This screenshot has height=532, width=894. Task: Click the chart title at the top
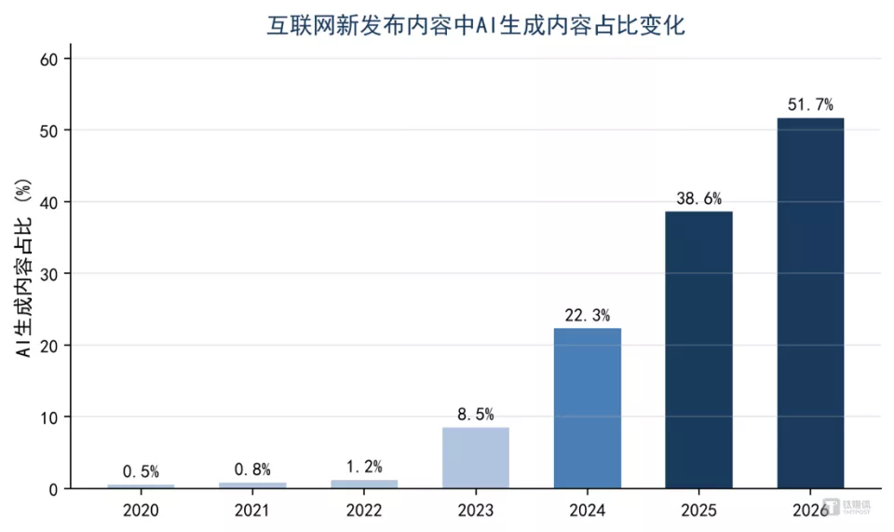[x=476, y=26]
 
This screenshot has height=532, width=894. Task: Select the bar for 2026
[x=810, y=303]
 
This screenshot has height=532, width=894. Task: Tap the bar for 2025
[x=698, y=349]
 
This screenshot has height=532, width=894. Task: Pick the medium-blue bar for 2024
[x=588, y=408]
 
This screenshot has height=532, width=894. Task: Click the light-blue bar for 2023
[x=476, y=457]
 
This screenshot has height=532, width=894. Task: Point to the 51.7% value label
[x=810, y=105]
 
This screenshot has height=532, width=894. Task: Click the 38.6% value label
[x=698, y=198]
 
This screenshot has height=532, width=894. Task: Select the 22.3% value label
[x=588, y=315]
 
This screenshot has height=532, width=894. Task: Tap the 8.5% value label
[x=476, y=414]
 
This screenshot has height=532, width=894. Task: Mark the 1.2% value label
[x=364, y=467]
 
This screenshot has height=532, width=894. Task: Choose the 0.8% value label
[x=252, y=470]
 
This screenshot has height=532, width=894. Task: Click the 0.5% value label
[x=141, y=471]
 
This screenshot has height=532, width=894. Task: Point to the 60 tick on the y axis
[x=49, y=60]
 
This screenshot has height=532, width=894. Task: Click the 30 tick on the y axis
[x=49, y=274]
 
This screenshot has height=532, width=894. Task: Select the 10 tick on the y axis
[x=49, y=417]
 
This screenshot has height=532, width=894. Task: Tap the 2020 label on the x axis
[x=141, y=510]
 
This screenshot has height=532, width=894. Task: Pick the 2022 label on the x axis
[x=364, y=510]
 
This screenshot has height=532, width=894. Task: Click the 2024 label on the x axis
[x=588, y=510]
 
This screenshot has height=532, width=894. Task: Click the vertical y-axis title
[x=23, y=268]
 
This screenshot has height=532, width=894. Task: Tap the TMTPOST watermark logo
[x=847, y=506]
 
